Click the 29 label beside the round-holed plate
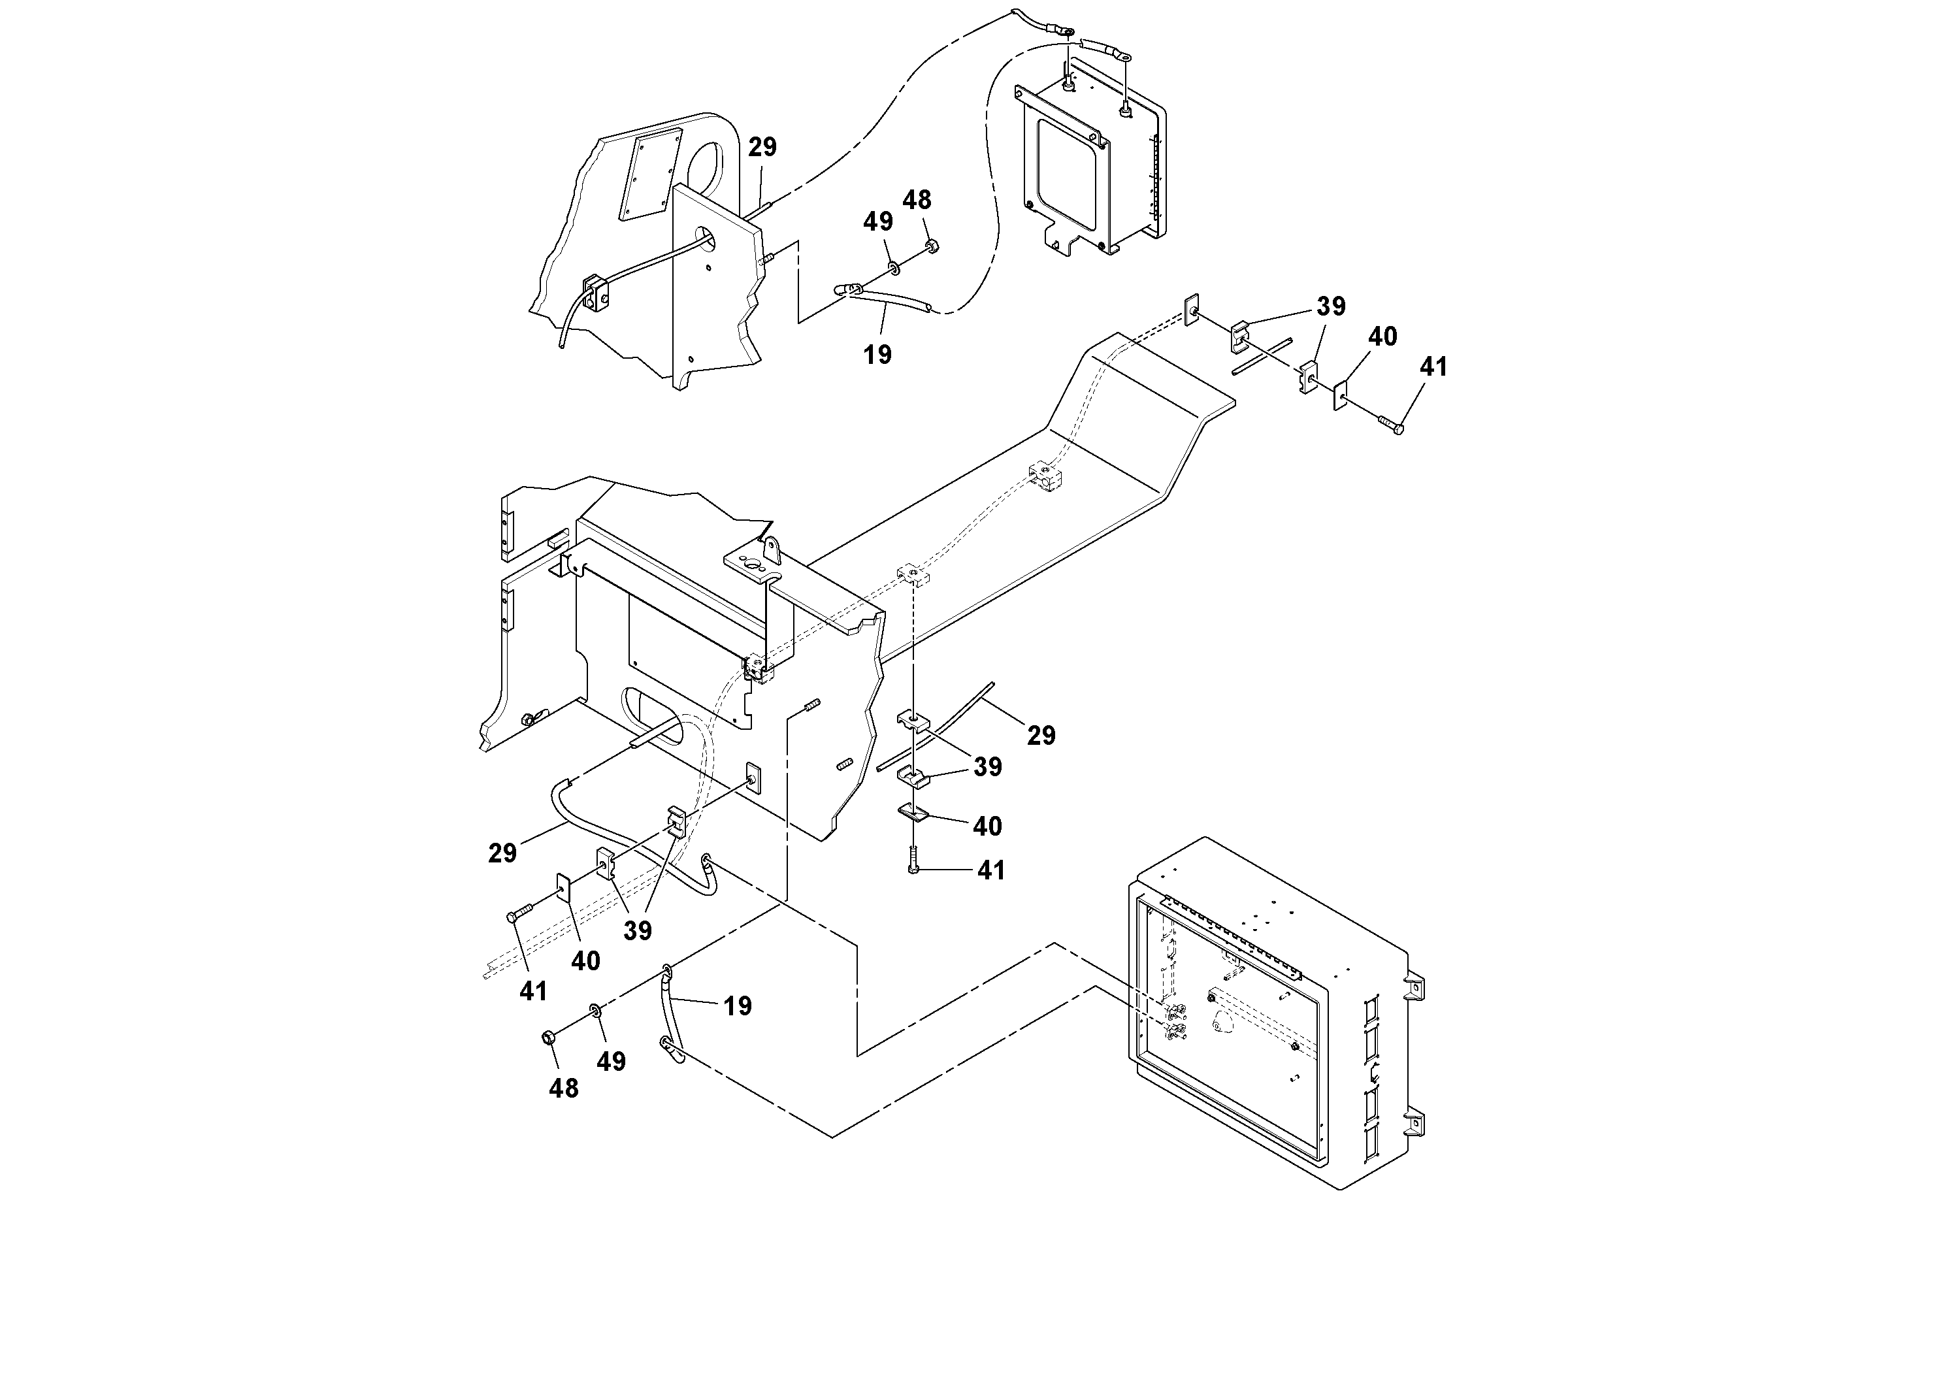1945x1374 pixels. [x=762, y=148]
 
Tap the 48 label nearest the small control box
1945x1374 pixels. [x=917, y=201]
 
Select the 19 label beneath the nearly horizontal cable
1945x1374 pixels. [x=877, y=355]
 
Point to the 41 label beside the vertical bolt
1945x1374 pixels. [x=991, y=871]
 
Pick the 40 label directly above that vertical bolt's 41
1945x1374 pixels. [x=987, y=826]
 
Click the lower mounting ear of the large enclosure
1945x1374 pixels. [x=1414, y=1125]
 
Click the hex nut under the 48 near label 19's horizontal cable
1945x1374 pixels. [x=931, y=246]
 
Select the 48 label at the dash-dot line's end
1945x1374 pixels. [x=563, y=1088]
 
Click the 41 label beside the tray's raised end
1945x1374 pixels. [x=1433, y=367]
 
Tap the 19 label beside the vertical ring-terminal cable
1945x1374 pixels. [x=738, y=1006]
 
